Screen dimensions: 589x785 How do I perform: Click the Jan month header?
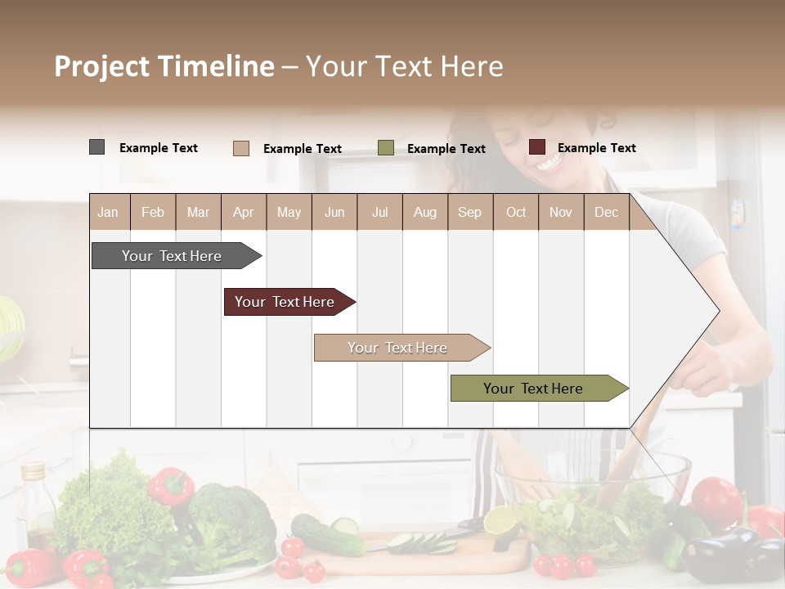(108, 213)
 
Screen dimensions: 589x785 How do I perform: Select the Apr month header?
(244, 213)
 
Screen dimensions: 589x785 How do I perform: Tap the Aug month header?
(425, 213)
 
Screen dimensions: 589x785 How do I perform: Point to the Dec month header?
(607, 213)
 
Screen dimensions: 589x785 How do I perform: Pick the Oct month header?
(516, 213)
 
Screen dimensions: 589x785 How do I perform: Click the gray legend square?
(97, 147)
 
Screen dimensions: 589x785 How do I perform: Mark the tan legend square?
(241, 148)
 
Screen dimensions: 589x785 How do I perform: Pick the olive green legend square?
(386, 148)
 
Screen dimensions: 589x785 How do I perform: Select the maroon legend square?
(537, 147)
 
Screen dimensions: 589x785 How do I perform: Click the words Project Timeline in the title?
(164, 66)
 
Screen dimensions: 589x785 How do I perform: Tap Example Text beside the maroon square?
(597, 148)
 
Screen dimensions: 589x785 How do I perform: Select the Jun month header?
(334, 213)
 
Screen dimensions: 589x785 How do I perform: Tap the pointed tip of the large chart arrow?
(718, 310)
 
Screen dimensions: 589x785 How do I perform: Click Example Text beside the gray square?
(159, 148)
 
